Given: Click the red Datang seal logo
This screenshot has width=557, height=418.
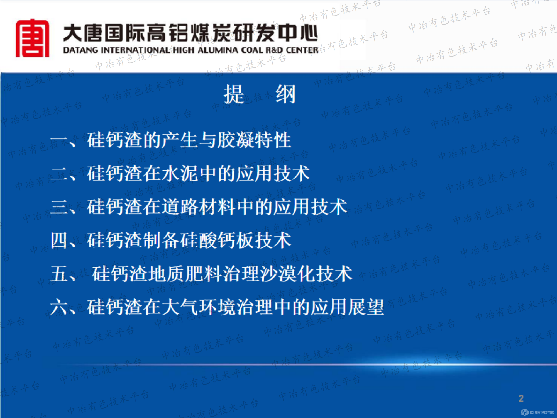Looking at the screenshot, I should coord(32,38).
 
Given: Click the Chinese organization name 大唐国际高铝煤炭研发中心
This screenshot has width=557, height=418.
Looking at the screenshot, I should coord(190,33).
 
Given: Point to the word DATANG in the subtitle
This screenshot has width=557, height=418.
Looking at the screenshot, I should coord(81,50).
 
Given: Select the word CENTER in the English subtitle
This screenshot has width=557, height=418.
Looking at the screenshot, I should coord(302,50).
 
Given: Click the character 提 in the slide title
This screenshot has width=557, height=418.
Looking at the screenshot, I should coord(234,94).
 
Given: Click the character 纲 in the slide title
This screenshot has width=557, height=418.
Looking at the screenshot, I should coord(286,94).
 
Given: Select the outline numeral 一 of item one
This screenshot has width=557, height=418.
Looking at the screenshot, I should coord(59,140).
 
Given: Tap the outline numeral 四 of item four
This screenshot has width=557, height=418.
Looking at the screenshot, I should coord(59,240).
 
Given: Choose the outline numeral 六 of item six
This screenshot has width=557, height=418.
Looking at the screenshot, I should coord(59,307).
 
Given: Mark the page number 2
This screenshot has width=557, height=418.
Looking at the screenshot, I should coord(521,398).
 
